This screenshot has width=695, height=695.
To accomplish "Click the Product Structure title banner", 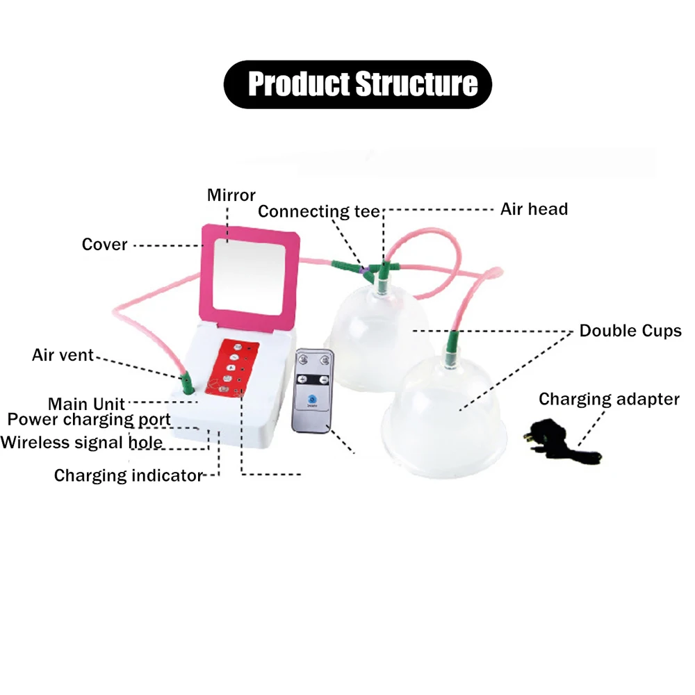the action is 357,84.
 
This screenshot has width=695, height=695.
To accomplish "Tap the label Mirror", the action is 231,195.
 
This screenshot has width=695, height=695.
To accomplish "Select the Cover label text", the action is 105,245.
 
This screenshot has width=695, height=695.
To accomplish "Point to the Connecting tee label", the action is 318,211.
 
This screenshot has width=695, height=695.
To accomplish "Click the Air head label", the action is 534,209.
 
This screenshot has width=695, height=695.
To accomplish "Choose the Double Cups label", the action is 630,331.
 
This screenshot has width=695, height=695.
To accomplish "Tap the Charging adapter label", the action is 609,399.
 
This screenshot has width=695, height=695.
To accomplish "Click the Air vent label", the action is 63,355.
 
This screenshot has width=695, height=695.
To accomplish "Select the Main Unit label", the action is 87,404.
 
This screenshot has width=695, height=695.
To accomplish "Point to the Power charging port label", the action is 89,420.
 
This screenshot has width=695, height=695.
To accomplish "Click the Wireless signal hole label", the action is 82,443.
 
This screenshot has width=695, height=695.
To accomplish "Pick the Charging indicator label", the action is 128,476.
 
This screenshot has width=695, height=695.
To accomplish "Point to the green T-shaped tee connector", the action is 381,267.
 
